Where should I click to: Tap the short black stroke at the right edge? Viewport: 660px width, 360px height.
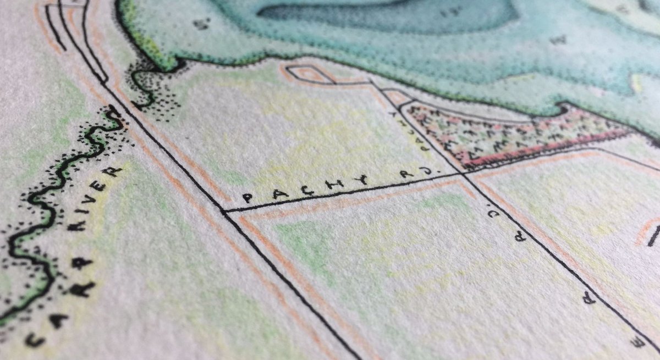coord(653,236)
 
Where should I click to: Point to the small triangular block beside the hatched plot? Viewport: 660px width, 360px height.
coord(398,97)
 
